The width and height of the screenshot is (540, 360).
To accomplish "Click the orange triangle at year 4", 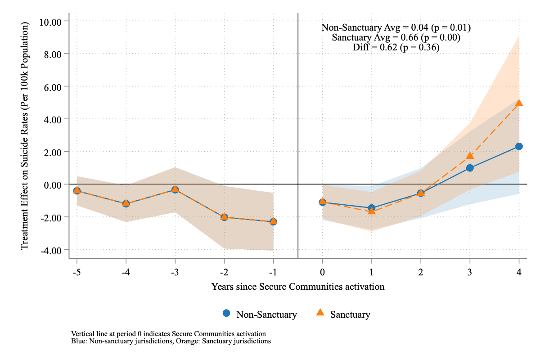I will pos(519,103).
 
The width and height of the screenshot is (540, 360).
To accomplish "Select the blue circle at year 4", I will pos(519,146).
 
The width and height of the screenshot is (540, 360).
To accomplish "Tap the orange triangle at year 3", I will pos(470,156).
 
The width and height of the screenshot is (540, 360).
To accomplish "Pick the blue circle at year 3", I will pos(470,168).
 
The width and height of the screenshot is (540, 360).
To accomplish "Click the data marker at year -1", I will pos(273,222).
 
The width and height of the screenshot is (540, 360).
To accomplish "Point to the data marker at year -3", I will pos(175,190).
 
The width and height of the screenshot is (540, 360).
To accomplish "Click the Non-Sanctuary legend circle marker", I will pos(226,313).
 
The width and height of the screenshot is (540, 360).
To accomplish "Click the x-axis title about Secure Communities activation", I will pos(298,287).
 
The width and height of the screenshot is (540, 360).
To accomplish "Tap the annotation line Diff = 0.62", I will pos(396,47).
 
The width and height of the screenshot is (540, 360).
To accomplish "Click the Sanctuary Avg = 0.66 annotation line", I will pos(396,37).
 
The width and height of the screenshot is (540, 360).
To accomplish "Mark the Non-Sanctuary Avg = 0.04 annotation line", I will pos(396,27).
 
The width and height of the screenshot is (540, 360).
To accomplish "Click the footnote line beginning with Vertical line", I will pos(169,334).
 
